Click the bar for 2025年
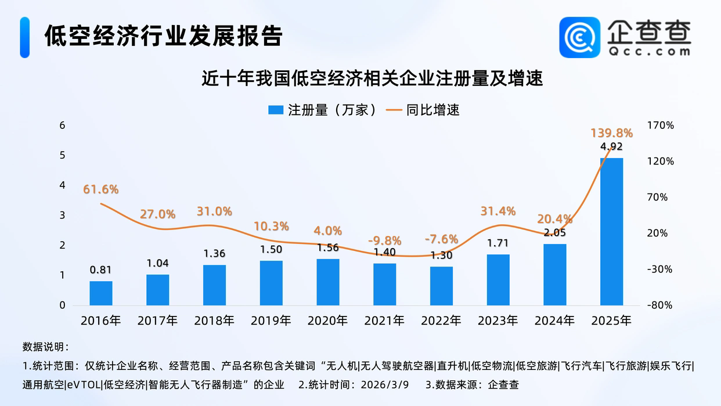click(x=611, y=231)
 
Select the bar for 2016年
click(x=101, y=293)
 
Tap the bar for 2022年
click(x=441, y=286)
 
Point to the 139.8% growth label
click(x=611, y=133)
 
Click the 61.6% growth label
click(x=100, y=189)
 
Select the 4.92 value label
click(x=611, y=146)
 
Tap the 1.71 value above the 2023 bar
click(x=498, y=244)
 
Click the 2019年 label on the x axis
click(x=271, y=321)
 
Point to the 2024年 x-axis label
click(x=554, y=321)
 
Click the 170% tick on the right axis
click(x=661, y=125)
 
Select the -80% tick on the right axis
click(x=661, y=306)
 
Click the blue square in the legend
click(x=276, y=110)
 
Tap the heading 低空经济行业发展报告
click(x=164, y=36)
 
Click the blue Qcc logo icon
click(x=579, y=37)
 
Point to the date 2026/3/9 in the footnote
click(x=384, y=384)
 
